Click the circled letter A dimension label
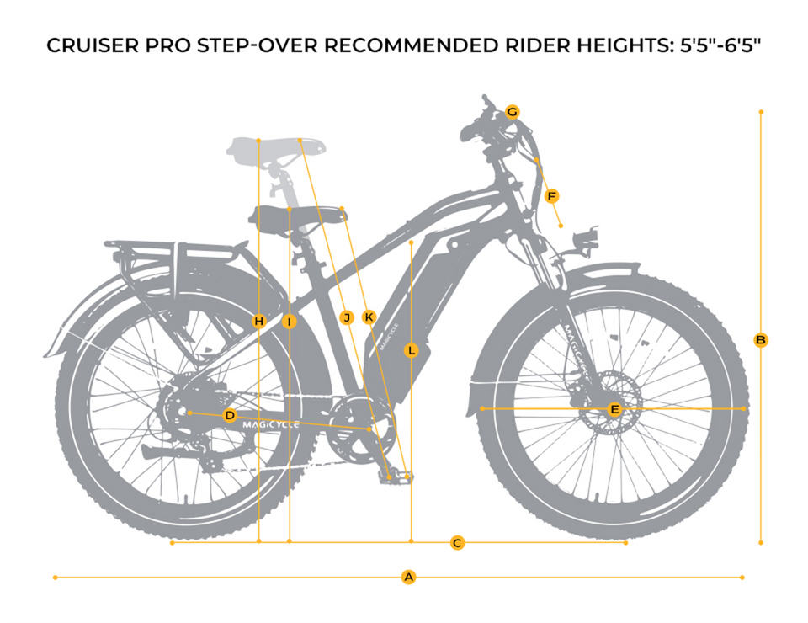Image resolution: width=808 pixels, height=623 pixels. coord(408,578)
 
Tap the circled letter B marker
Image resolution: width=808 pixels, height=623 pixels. coord(761,340)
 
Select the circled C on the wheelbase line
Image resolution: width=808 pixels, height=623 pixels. coord(457,543)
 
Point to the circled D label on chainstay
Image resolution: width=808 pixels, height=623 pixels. coord(230,415)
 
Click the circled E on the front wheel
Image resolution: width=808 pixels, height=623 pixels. coord(614,409)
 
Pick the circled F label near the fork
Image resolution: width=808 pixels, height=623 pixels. coord(551,196)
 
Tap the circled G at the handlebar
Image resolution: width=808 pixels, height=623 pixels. coord(512,111)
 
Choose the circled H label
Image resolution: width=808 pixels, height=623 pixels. coord(259,322)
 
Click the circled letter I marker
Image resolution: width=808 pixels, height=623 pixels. coord(289,322)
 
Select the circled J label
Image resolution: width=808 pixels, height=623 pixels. coord(347,317)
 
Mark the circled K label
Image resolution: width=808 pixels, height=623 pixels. coord(369,317)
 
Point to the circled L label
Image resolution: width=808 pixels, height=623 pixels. coord(411,351)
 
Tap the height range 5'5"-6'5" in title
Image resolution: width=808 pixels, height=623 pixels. coord(720,45)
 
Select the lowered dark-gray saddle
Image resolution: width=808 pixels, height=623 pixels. coord(298,216)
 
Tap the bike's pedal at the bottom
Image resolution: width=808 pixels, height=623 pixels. coord(394,476)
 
